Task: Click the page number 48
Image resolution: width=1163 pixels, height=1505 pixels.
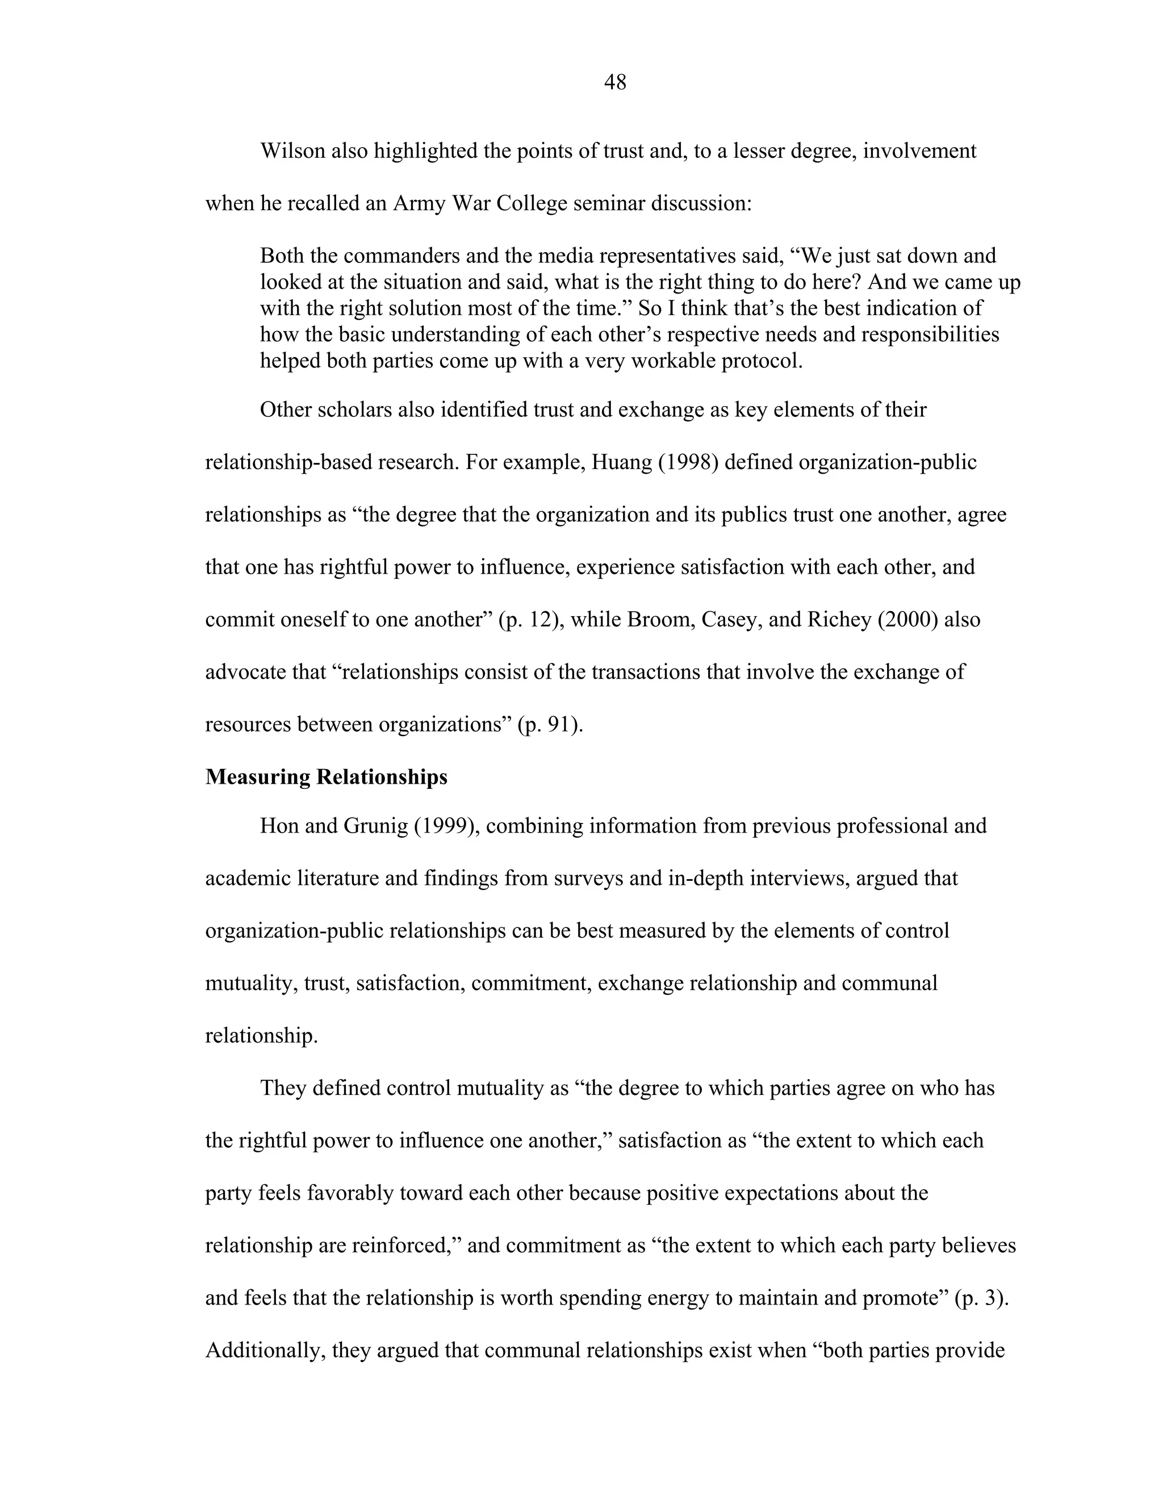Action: (614, 83)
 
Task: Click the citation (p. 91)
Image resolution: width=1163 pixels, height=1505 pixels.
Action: (550, 724)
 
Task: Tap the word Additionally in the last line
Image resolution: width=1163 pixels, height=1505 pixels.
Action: (265, 1350)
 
